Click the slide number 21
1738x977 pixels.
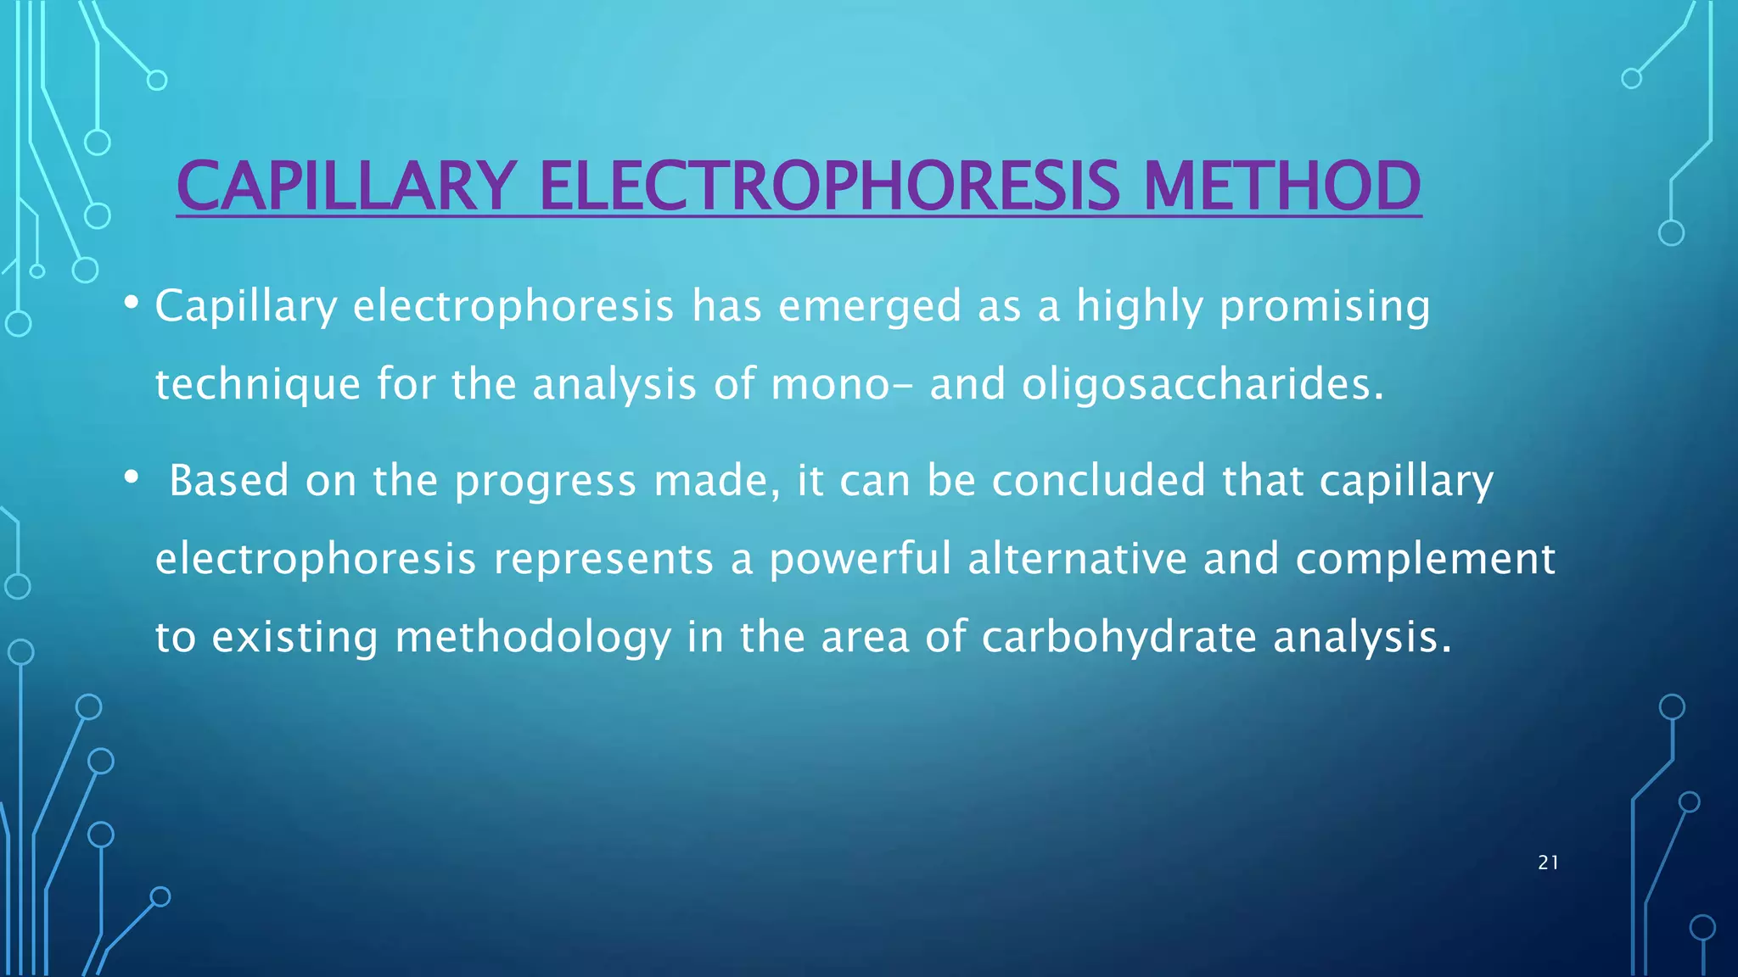pos(1548,863)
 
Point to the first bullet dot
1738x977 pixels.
pos(131,303)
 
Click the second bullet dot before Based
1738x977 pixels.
pos(131,478)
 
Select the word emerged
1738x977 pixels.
pos(870,307)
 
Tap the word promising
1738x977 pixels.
pos(1325,307)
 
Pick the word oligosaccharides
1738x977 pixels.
pos(1202,385)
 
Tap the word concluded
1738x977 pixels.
pos(1098,481)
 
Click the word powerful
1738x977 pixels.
pos(860,560)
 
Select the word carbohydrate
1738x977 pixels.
pos(1118,638)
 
